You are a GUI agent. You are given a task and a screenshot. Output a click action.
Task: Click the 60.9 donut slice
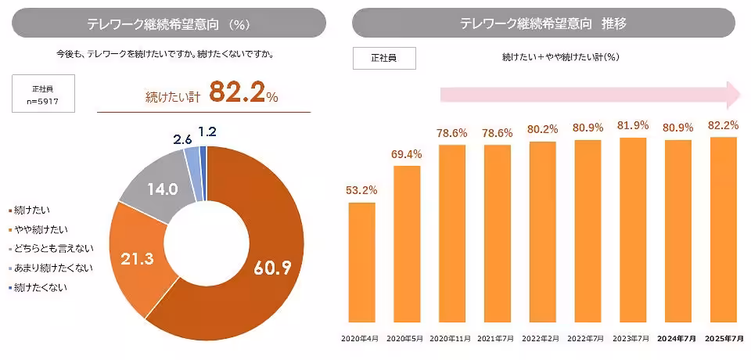coord(266,258)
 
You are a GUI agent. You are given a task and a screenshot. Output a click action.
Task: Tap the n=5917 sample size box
coord(43,93)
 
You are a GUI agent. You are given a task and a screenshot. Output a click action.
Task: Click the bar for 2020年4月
coord(361,262)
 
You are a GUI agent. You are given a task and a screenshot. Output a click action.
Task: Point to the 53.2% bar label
coord(361,189)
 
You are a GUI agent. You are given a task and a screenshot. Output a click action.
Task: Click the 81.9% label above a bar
coord(634,125)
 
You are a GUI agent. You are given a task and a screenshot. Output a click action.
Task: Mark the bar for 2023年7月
coord(634,230)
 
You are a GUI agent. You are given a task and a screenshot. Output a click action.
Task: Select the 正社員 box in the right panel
coord(383,58)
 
